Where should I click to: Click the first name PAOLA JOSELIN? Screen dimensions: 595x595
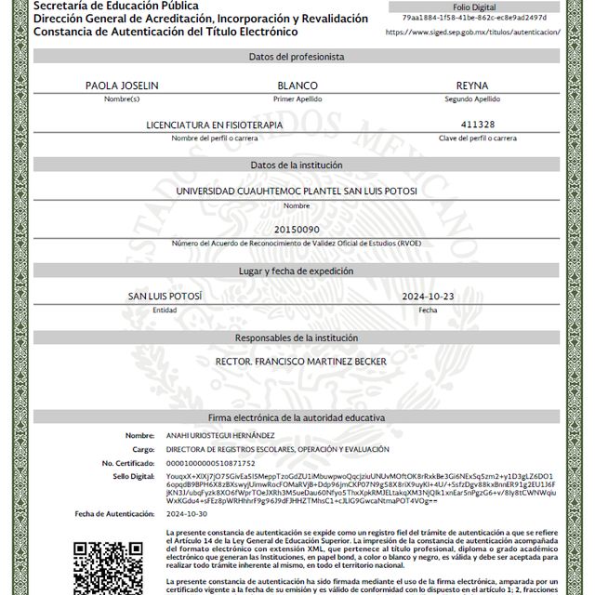tap(122, 85)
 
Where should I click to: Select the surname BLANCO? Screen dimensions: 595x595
tap(297, 85)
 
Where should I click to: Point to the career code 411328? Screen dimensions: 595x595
tap(478, 125)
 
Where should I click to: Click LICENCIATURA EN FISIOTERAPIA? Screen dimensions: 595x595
tap(215, 125)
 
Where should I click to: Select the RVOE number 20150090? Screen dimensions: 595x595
tap(297, 229)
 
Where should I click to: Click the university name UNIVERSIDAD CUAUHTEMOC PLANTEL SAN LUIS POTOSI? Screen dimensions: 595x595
tap(297, 191)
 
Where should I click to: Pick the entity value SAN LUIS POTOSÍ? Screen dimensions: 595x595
tap(165, 296)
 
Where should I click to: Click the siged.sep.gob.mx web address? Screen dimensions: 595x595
tap(472, 31)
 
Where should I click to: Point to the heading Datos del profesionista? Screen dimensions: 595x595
tap(297, 57)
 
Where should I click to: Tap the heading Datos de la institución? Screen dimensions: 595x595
tap(297, 165)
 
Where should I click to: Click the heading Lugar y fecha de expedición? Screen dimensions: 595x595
tap(297, 271)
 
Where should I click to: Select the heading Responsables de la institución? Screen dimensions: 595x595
tap(297, 337)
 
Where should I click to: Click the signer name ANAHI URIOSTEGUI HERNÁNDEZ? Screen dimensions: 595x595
tap(220, 435)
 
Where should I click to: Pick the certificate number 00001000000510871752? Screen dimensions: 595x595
tap(210, 462)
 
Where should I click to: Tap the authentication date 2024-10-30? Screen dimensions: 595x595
tap(187, 513)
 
